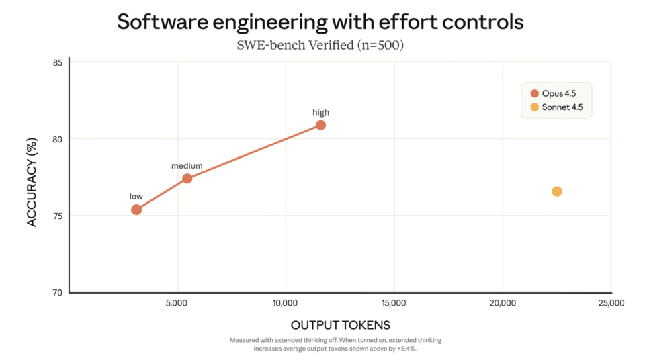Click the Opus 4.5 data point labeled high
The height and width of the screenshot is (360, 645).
(320, 125)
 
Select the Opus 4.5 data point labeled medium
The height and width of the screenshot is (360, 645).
(187, 178)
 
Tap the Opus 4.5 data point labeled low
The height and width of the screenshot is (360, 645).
(136, 210)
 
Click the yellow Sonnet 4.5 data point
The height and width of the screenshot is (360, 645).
(557, 191)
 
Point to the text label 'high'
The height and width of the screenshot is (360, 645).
(320, 112)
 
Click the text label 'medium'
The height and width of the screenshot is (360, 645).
(186, 165)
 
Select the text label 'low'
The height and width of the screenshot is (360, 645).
(136, 197)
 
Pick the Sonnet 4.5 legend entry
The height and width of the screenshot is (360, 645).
(556, 107)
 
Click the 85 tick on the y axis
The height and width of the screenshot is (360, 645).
(58, 63)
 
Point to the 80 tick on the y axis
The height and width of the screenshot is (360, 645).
(58, 139)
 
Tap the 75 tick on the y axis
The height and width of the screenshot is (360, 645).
(58, 216)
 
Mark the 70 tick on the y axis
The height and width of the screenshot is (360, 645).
(58, 293)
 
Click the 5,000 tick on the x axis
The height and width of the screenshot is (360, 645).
(177, 303)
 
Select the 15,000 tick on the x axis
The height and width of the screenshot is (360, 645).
(393, 303)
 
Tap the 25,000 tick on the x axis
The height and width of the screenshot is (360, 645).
(609, 303)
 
